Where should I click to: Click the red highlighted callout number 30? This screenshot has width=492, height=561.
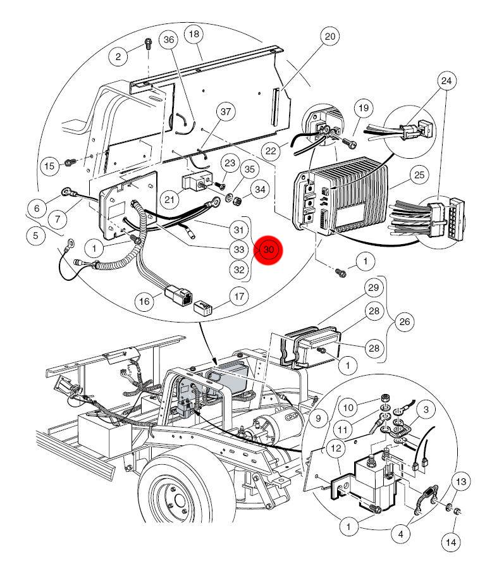pos(269,250)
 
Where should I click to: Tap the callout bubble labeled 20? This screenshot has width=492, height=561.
pos(329,37)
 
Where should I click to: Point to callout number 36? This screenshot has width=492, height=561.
pos(168,39)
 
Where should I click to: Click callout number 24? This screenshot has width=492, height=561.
pos(446,81)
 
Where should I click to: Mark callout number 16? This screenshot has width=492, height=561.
pos(145,302)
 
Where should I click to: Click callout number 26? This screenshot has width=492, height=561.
pos(405,322)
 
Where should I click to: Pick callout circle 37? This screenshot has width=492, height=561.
pos(224,112)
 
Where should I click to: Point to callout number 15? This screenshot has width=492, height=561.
pos(49,166)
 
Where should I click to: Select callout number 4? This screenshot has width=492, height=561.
pos(399,534)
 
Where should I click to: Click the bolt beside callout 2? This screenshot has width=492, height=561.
pos(147,44)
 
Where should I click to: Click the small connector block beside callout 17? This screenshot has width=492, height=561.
pos(204,309)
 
